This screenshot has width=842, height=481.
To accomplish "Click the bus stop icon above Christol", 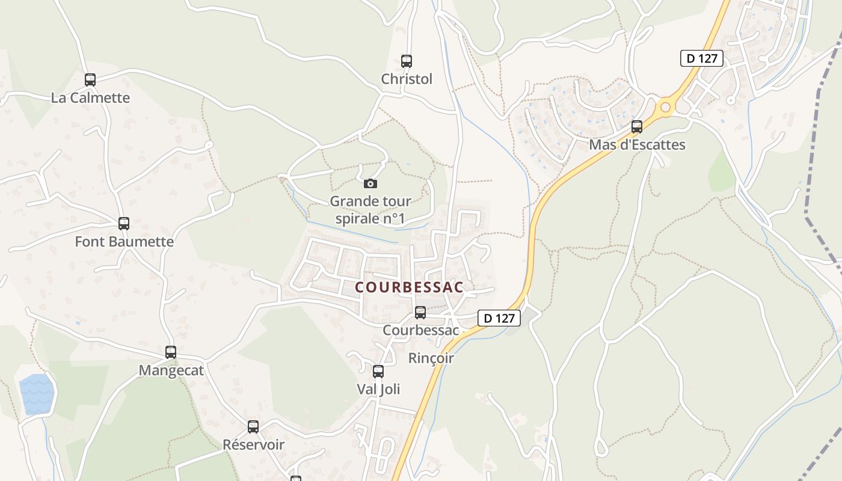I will [407, 61].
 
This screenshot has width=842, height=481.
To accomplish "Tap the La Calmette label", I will [90, 97].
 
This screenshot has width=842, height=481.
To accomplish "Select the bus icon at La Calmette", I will [90, 79].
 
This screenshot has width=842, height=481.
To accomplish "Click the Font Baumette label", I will [124, 242].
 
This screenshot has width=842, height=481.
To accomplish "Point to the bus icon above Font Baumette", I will [124, 224].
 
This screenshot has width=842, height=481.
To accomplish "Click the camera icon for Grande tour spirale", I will [370, 183].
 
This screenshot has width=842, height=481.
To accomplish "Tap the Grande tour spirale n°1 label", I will [370, 210].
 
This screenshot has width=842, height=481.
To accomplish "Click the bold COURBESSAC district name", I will [410, 287].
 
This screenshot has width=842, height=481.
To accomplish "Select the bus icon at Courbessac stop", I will [420, 313].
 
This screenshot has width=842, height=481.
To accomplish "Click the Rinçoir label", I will [431, 358].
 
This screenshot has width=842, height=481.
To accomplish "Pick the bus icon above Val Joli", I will [378, 372].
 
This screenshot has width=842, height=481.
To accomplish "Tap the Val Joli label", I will [378, 390].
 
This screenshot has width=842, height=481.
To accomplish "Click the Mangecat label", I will [171, 370].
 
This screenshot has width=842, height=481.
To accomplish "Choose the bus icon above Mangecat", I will [171, 352].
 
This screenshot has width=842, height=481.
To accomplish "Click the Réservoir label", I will [253, 445].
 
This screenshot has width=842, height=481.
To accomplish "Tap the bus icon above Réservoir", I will [253, 427].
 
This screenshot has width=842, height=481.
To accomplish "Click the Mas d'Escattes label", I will [637, 145].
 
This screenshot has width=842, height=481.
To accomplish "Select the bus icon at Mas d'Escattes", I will [637, 127].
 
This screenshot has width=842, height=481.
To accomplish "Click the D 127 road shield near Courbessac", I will [499, 318].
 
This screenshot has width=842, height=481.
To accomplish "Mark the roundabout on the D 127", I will [665, 108].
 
